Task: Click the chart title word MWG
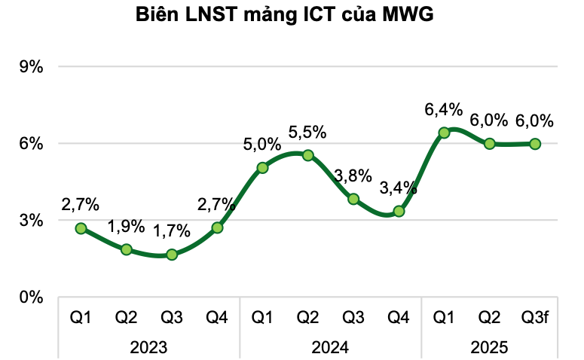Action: (x=408, y=14)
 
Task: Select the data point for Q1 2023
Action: (x=81, y=228)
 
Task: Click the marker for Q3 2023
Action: (x=172, y=255)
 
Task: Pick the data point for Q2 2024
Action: (x=307, y=155)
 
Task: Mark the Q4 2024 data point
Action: (x=399, y=211)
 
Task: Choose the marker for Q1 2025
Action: (x=444, y=133)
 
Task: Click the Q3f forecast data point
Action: (x=535, y=143)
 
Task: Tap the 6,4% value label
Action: (x=443, y=110)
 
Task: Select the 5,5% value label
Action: (x=307, y=132)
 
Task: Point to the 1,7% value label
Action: (x=172, y=232)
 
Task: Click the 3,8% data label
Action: (x=353, y=175)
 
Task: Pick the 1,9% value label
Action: (x=126, y=226)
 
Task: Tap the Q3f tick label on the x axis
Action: (x=535, y=318)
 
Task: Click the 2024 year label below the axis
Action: (x=330, y=347)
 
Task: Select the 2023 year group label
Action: (x=148, y=347)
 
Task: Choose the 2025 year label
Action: (x=490, y=347)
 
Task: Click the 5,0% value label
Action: (x=262, y=144)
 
